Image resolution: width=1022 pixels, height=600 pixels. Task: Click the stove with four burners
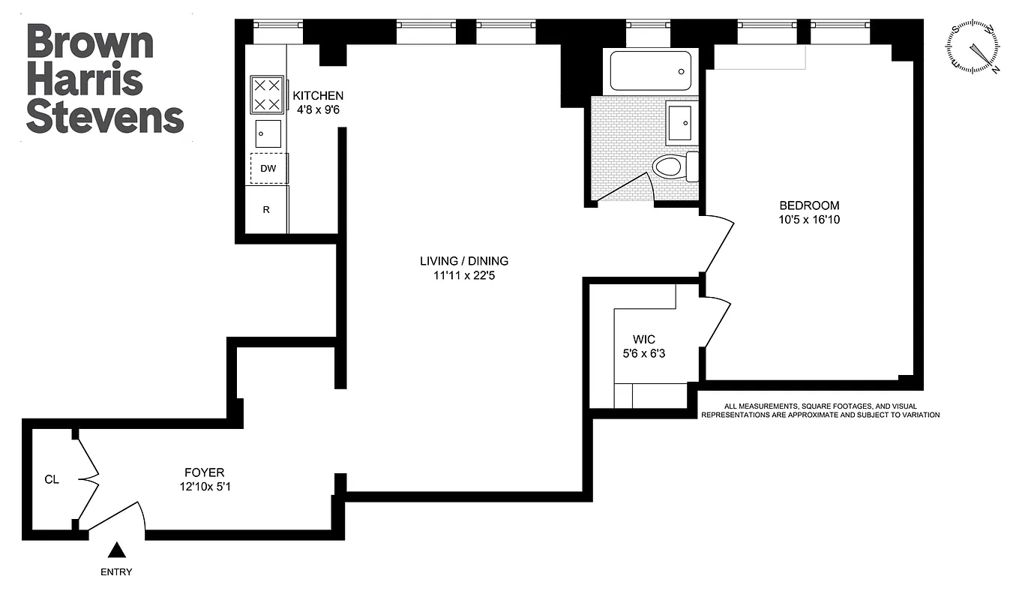(267, 94)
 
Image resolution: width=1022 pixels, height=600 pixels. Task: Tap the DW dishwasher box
(268, 169)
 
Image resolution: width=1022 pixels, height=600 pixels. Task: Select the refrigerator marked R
(266, 210)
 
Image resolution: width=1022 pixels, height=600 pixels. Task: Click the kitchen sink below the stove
(268, 133)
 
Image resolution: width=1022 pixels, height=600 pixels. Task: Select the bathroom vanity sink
(682, 124)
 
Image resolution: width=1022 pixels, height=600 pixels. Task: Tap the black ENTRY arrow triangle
(116, 551)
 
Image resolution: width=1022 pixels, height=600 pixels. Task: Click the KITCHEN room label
(318, 96)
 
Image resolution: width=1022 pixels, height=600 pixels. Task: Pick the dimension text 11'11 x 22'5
(463, 275)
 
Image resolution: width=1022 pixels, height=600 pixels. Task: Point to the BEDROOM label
(809, 205)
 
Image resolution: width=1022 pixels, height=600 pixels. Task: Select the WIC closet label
(643, 340)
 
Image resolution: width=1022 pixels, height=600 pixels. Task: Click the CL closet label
(51, 479)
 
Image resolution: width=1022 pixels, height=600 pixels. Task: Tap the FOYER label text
(204, 472)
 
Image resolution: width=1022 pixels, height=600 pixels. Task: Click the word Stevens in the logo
(105, 118)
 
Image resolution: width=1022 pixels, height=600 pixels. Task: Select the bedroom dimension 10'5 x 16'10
(809, 220)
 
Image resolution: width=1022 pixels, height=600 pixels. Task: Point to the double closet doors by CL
(88, 479)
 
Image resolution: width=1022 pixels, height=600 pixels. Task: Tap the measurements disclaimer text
(820, 410)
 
